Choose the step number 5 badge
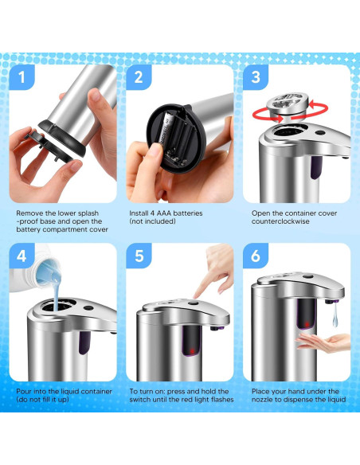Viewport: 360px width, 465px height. click(x=139, y=257)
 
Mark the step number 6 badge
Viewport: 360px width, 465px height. click(x=256, y=257)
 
